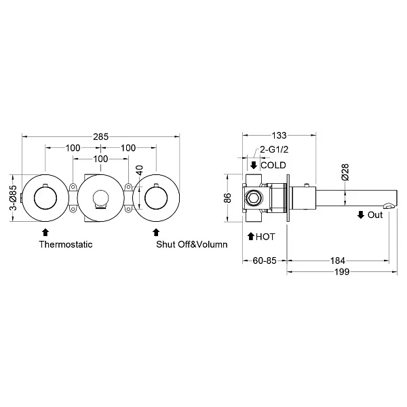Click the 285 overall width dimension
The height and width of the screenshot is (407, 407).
pyautogui.click(x=100, y=136)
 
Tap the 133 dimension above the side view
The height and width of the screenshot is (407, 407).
pyautogui.click(x=279, y=135)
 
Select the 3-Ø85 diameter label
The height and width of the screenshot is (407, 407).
pyautogui.click(x=14, y=197)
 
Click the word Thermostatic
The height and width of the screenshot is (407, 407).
pyautogui.click(x=66, y=244)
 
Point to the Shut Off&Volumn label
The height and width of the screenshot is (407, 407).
pyautogui.click(x=192, y=244)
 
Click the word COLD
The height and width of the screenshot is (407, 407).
pyautogui.click(x=273, y=165)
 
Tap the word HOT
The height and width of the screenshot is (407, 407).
pyautogui.click(x=265, y=237)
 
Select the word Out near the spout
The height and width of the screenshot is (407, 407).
pyautogui.click(x=375, y=215)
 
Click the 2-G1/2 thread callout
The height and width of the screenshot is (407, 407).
pyautogui.click(x=274, y=149)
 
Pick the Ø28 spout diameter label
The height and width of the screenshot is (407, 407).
pyautogui.click(x=345, y=172)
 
